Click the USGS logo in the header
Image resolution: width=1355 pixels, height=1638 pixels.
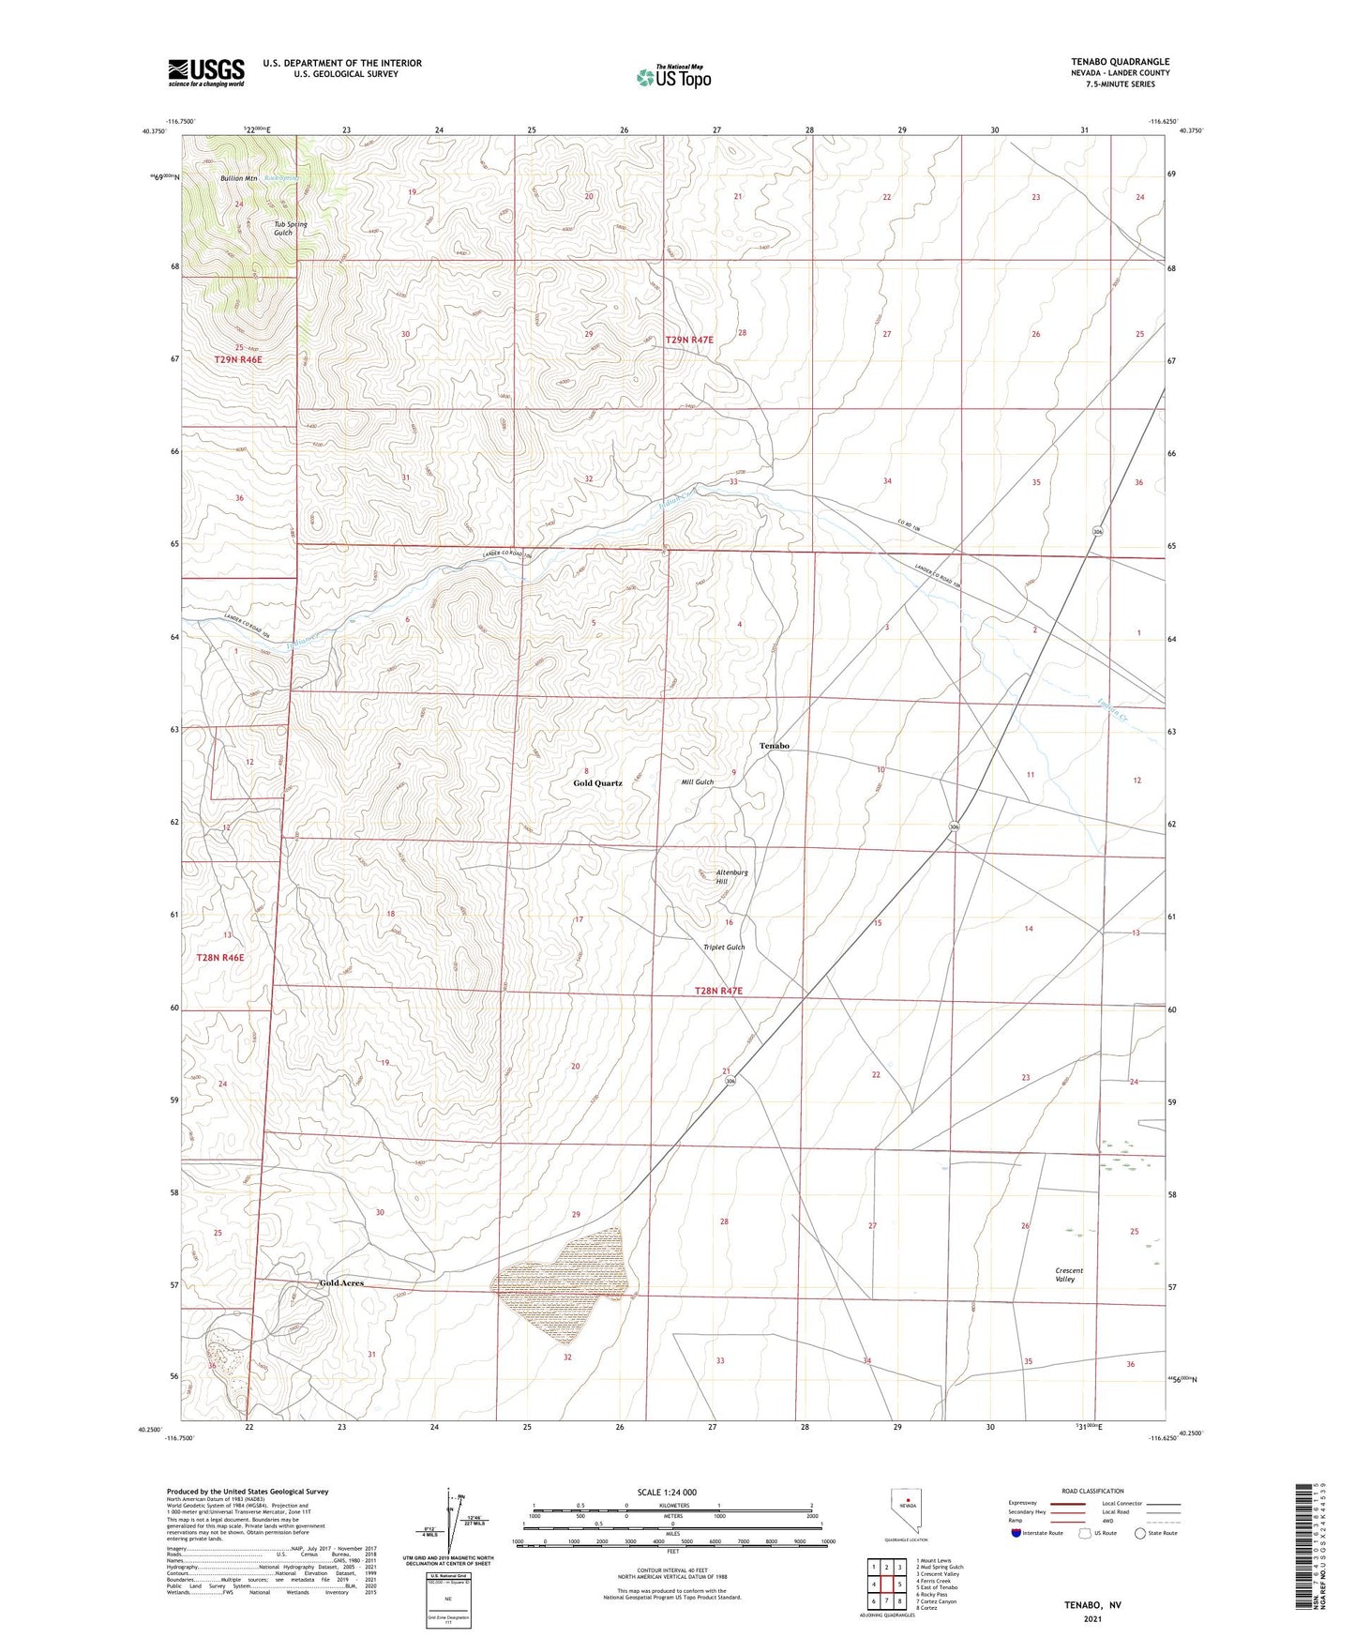pos(205,72)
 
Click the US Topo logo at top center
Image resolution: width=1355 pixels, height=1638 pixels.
pos(673,77)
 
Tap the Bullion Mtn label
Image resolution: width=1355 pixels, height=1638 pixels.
pos(239,178)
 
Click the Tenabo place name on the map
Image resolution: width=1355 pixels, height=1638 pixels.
pos(774,746)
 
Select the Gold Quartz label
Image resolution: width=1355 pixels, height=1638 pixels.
pos(597,782)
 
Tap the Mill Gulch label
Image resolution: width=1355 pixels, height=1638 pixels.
pos(698,782)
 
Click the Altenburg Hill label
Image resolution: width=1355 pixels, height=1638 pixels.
pos(731,877)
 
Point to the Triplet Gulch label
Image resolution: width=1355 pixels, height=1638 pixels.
pos(724,948)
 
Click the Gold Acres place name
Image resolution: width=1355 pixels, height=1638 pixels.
pos(341,1282)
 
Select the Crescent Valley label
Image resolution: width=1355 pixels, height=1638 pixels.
pos(1069,1275)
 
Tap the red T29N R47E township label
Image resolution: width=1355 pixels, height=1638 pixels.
pos(689,340)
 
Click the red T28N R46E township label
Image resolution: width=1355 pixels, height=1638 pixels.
pos(221,958)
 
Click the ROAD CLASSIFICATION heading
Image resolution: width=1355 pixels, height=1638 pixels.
pos(1092,1491)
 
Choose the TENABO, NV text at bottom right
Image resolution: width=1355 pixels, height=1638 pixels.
pos(1092,1605)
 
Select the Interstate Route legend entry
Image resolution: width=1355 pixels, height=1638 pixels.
pos(1038,1533)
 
